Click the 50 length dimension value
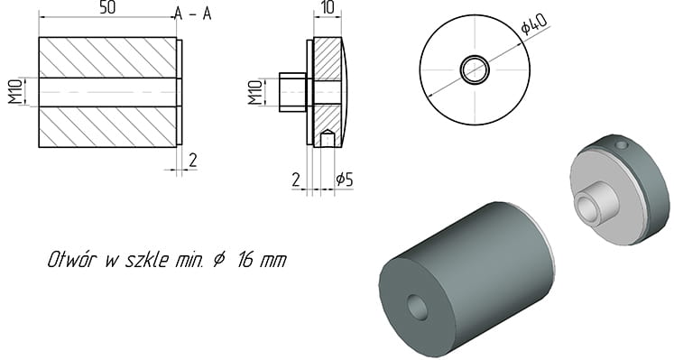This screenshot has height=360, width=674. point(107,8)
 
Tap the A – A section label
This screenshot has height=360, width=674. point(193,14)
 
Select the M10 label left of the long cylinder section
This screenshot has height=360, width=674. point(15,91)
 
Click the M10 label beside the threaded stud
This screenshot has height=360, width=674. point(255,92)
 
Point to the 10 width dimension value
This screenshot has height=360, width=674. point(328,8)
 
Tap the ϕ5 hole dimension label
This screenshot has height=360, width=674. point(345,180)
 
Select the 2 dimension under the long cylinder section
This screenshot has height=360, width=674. point(193,161)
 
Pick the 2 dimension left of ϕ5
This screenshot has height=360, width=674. point(296,180)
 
